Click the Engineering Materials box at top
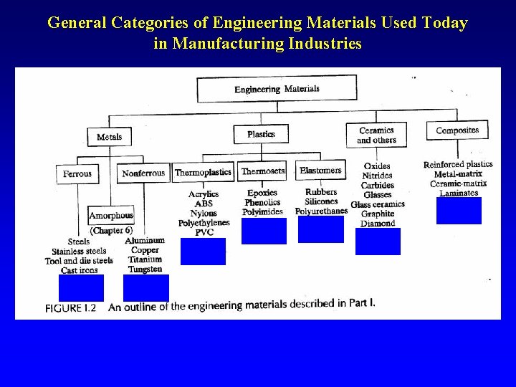coord(277,89)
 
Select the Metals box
coord(109,136)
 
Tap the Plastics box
coord(261,134)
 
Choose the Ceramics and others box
coord(376,135)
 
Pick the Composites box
coord(457,130)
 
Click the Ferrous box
coord(77,173)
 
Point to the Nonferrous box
coord(143,173)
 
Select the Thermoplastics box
coord(203,173)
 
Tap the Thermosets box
coord(262,171)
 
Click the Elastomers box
coord(320,171)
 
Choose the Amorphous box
coord(111,216)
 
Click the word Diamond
coord(378,224)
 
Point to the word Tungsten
coord(145,269)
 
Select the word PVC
coord(204,232)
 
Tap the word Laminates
coord(459,193)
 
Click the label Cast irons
coord(79,270)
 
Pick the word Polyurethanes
coord(321,211)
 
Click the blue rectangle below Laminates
coord(459,211)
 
